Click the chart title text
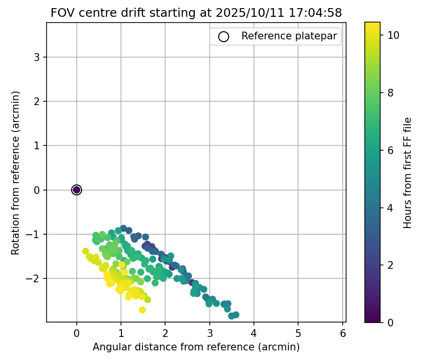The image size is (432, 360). pyautogui.click(x=196, y=13)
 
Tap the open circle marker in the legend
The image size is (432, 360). pyautogui.click(x=223, y=36)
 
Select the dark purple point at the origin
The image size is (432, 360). pyautogui.click(x=76, y=190)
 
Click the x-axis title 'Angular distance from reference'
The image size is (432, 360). pyautogui.click(x=196, y=347)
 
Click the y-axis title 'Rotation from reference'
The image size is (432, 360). pyautogui.click(x=15, y=172)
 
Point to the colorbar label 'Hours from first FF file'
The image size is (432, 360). pyautogui.click(x=408, y=172)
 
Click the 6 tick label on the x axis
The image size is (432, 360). pyautogui.click(x=342, y=332)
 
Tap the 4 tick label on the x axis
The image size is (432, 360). pyautogui.click(x=253, y=332)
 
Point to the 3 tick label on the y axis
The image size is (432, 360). pyautogui.click(x=37, y=57)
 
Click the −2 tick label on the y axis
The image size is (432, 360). pyautogui.click(x=35, y=278)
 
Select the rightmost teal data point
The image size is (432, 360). pyautogui.click(x=236, y=315)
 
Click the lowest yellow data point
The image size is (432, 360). pyautogui.click(x=142, y=310)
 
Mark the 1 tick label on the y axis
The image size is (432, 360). pyautogui.click(x=37, y=145)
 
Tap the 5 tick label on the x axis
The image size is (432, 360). pyautogui.click(x=298, y=332)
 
